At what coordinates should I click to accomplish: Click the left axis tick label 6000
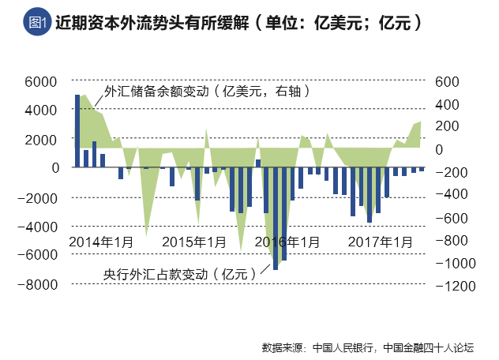point(43,81)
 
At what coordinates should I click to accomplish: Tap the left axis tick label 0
point(55,168)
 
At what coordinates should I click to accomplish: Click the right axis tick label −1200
point(452,284)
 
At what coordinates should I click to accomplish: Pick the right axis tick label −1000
point(452,262)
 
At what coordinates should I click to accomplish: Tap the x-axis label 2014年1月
point(101,240)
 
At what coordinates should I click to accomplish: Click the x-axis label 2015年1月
point(193,240)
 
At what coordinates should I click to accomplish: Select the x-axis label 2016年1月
point(287,240)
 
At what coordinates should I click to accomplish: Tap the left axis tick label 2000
point(43,140)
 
